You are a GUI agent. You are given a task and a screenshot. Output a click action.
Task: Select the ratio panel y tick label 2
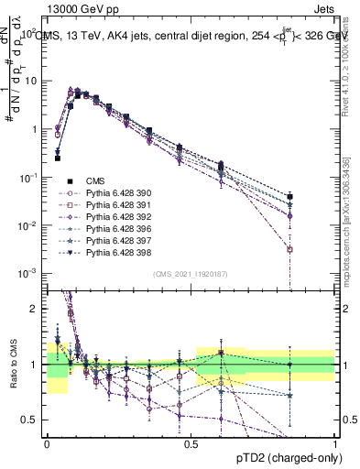(x=35, y=309)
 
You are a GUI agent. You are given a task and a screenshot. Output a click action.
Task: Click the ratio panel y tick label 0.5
(x=31, y=420)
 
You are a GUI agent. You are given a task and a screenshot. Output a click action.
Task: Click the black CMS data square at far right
(x=289, y=197)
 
